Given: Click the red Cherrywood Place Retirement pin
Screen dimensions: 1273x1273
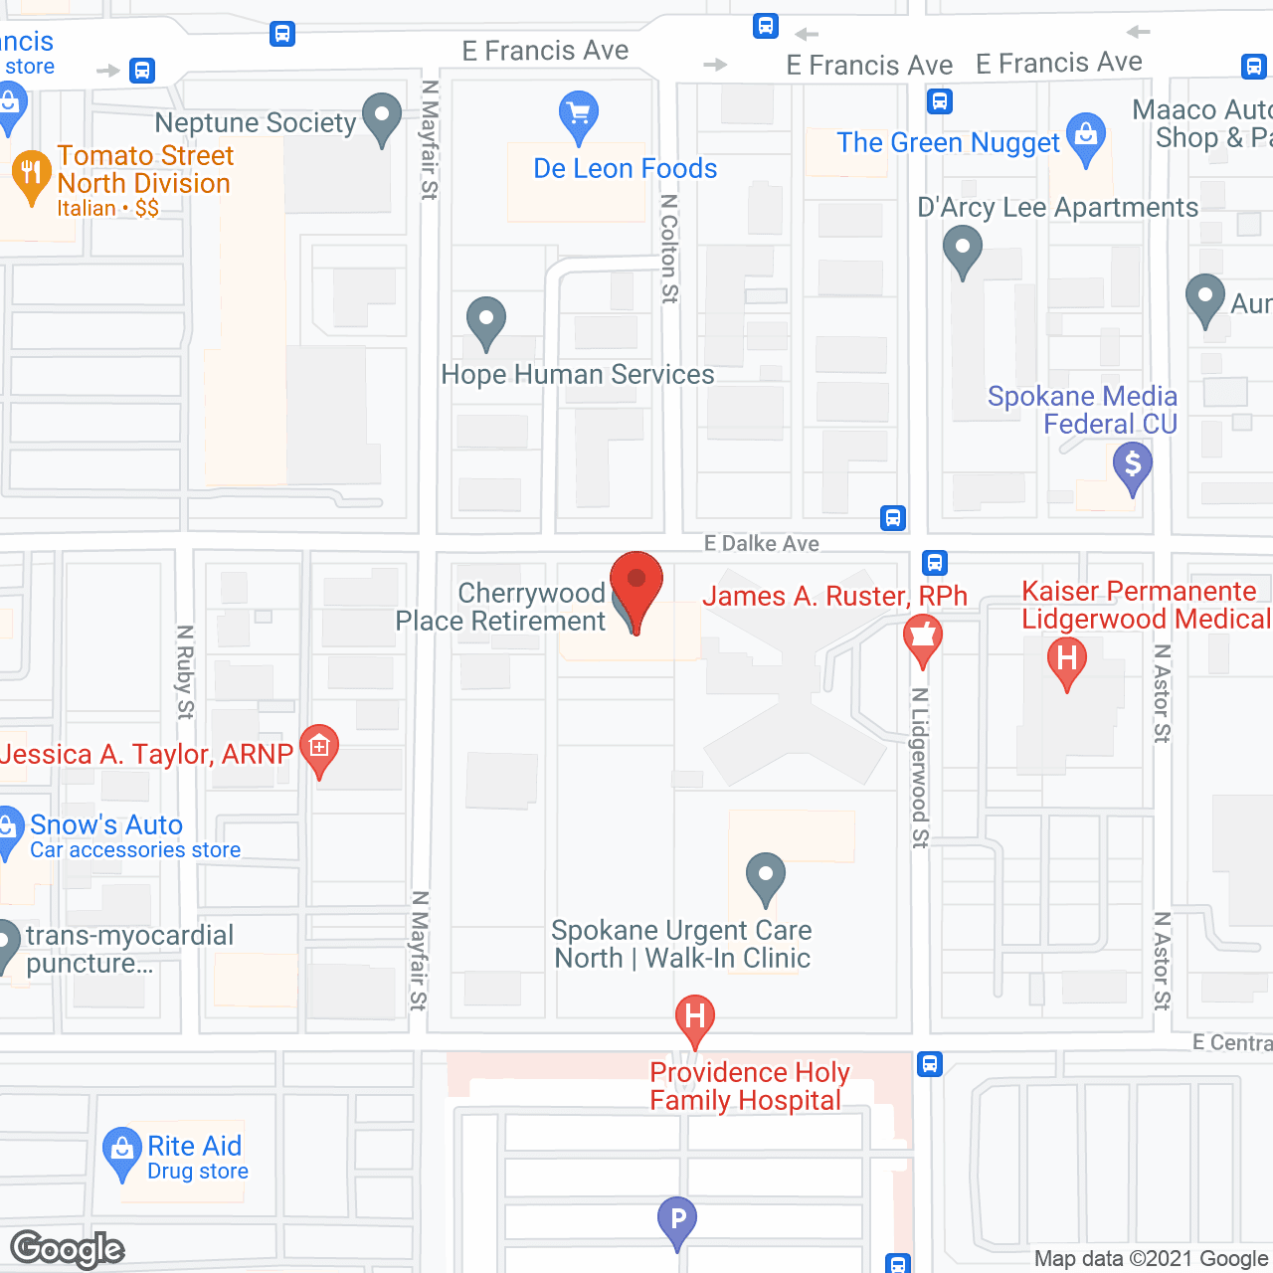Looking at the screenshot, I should coord(636,584).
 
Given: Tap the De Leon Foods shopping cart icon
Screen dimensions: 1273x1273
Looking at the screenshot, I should coord(578,115).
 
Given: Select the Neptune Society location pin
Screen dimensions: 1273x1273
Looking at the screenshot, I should coord(382,117).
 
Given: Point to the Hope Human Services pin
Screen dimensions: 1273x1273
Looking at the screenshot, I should coord(486,321).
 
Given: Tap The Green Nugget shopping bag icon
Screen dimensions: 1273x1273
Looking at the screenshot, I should coord(1086,137).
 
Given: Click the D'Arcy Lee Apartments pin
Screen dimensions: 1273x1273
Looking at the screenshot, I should coord(962,250).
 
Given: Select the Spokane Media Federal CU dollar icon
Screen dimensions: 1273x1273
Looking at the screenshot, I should coord(1133,465).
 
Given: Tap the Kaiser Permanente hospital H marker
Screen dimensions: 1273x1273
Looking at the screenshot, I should coord(1067,660).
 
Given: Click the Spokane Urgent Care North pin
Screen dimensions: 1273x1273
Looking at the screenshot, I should coord(765,877).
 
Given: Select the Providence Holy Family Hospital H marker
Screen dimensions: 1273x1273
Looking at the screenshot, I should coord(695,1018).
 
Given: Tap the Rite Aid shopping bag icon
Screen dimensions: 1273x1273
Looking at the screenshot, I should coord(122,1152).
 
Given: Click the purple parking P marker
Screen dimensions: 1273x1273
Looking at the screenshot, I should coord(677,1219).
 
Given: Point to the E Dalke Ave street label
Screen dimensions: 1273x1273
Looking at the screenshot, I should coord(762,543).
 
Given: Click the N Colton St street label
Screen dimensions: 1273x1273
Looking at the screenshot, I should coord(669,248).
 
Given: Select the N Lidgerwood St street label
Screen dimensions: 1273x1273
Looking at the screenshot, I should coord(920,767).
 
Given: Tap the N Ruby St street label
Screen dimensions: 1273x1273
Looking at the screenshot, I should coord(185,671).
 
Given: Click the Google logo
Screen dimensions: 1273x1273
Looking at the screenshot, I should coord(68,1249).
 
